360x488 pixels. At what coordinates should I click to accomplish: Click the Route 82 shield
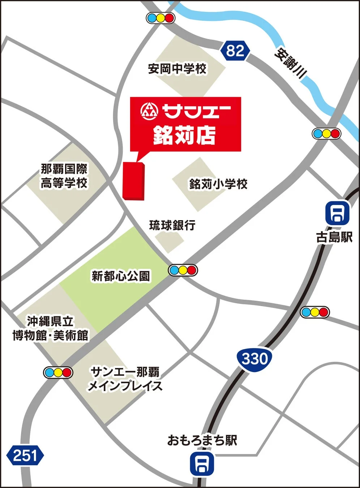235,51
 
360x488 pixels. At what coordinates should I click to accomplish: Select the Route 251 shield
25,455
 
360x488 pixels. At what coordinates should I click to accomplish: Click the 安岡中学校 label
177,69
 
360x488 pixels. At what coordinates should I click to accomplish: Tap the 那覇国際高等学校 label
64,176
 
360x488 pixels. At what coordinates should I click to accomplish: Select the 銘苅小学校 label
218,184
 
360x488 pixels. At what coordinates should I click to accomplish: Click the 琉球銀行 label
172,225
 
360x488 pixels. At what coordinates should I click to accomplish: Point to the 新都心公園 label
121,277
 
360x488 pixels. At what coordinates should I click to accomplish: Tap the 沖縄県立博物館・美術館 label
50,328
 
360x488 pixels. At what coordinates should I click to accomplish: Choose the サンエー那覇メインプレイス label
125,379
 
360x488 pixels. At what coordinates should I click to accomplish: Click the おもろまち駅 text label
202,440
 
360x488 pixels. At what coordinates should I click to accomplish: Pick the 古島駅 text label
334,237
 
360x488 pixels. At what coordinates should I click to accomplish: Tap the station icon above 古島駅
337,213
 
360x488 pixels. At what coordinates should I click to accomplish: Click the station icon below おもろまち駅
202,464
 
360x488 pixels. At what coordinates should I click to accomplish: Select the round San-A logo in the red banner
149,111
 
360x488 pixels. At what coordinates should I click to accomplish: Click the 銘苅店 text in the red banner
184,135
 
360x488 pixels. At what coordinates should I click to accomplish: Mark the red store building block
134,181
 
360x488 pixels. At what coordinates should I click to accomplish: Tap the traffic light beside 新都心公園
183,270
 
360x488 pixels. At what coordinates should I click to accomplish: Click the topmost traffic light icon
160,18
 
